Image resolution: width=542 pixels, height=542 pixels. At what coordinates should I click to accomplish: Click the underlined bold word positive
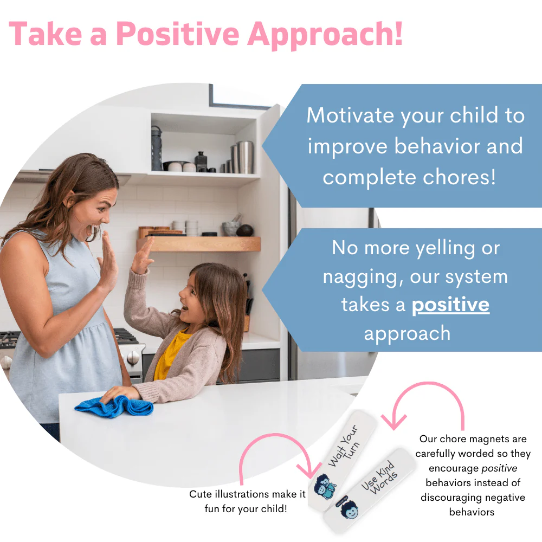coord(450,305)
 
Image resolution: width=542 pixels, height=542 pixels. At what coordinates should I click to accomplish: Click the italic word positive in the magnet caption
coord(498,468)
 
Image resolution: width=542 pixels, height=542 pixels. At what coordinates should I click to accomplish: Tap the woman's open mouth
coord(90,231)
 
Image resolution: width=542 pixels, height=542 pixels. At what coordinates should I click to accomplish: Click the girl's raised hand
coord(142,255)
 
